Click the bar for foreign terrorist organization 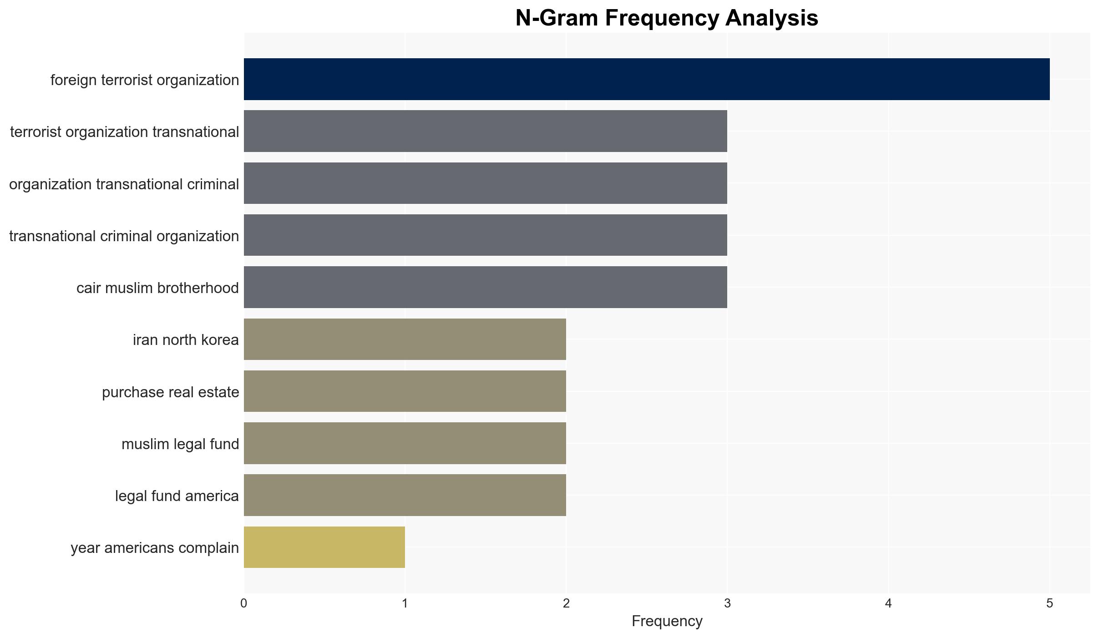coord(647,79)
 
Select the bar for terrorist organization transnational coord(486,131)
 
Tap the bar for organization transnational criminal coord(486,183)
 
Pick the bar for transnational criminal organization coord(486,235)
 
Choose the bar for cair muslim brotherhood coord(486,287)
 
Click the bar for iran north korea coord(405,339)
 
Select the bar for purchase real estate coord(405,391)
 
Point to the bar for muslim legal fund coord(405,443)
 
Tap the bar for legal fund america coord(405,495)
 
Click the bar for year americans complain coord(324,547)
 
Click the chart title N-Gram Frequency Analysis coord(667,18)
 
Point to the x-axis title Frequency coord(667,621)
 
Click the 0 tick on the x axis coord(244,603)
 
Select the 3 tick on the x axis coord(727,603)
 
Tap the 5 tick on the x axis coord(1050,603)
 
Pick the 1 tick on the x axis coord(405,603)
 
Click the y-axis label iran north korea coord(186,339)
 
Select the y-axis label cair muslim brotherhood coord(157,288)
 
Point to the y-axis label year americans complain coord(155,548)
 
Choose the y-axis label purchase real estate coord(171,392)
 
